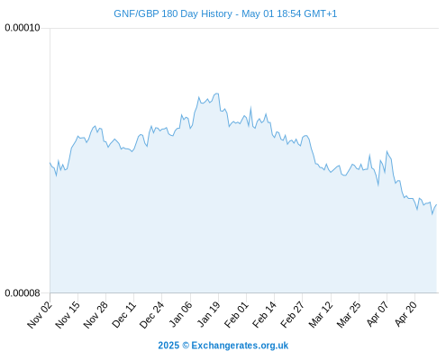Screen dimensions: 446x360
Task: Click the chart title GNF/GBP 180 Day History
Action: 173,13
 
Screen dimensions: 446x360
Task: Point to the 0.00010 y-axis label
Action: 23,28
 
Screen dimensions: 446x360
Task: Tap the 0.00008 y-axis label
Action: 23,292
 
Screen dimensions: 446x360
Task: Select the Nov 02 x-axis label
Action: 40,315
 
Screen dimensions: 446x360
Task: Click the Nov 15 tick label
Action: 68,315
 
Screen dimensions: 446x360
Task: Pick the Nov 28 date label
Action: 96,315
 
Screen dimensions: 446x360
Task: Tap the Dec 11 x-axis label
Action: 123,315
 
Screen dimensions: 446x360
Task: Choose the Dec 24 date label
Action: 151,315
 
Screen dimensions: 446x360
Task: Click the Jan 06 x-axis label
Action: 180,315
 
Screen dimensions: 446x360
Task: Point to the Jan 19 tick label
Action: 208,315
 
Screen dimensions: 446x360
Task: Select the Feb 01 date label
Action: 236,315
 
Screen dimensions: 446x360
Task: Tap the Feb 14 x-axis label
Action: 264,315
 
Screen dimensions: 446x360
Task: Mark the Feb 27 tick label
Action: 292,315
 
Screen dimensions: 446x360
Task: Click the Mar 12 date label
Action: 321,315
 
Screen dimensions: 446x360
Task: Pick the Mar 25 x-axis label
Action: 349,315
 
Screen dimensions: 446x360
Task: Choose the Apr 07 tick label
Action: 378,315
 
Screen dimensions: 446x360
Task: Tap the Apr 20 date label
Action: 405,315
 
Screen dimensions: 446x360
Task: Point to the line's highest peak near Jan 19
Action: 216,94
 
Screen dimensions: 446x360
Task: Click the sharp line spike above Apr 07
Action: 387,151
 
